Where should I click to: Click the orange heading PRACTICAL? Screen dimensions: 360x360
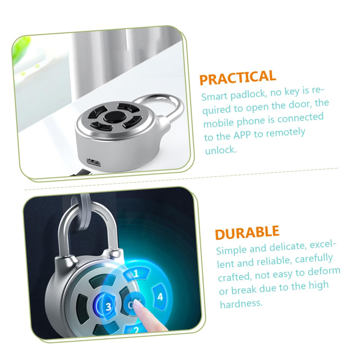click(237, 78)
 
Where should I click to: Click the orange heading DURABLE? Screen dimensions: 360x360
click(247, 232)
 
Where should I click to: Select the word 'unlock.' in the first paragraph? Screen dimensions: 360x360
click(221, 150)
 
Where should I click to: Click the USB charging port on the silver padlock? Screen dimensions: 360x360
click(94, 162)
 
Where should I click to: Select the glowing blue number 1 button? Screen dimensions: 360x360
click(136, 273)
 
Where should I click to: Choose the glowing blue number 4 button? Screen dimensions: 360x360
click(160, 297)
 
